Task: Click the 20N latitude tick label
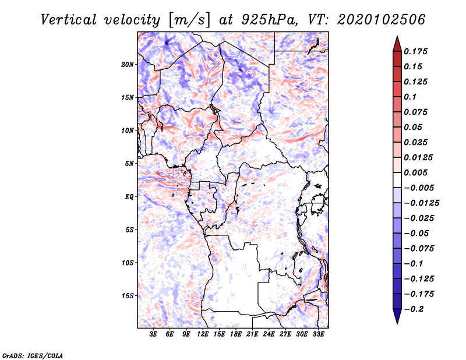(128, 64)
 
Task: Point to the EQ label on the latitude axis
(129, 197)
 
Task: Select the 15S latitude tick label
(128, 296)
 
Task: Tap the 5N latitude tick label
(129, 164)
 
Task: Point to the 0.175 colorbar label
(416, 51)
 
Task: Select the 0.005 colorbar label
(416, 172)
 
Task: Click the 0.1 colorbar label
(412, 97)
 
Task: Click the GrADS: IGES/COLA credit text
(25, 355)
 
